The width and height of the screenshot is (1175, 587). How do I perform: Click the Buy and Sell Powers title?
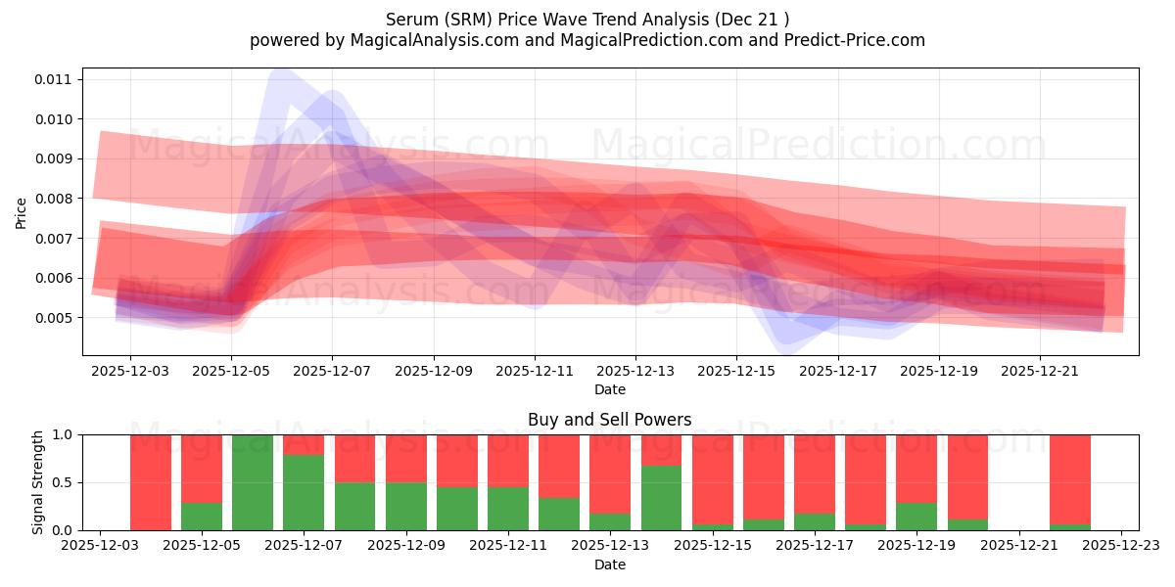(609, 420)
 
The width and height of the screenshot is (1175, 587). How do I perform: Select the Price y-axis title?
(22, 212)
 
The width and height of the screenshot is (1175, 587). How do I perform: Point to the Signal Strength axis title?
(38, 482)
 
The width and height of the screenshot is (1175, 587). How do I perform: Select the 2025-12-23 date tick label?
(1121, 545)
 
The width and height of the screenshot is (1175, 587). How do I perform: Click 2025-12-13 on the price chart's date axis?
(635, 371)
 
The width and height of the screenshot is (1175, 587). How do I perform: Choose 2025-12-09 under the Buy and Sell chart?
(405, 545)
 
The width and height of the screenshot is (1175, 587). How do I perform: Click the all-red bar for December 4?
(150, 482)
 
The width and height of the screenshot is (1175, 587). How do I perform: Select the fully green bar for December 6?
(253, 482)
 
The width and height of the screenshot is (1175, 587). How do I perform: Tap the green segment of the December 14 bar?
(661, 498)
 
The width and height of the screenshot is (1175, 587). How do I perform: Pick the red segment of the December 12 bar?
(559, 466)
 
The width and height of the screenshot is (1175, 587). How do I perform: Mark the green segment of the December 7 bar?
(304, 492)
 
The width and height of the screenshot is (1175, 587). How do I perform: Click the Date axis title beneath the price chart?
(609, 390)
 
